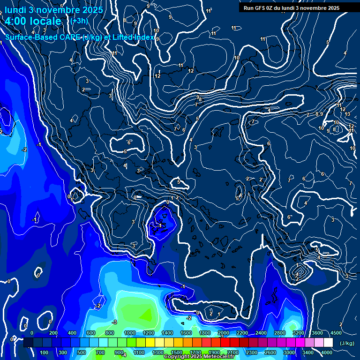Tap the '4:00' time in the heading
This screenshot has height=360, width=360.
[16, 21]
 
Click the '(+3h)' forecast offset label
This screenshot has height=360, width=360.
[79, 21]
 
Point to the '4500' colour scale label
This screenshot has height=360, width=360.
[336, 333]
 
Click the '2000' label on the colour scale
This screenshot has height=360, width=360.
[223, 333]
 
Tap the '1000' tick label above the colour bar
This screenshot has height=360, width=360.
[130, 333]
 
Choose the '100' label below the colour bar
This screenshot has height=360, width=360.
[45, 352]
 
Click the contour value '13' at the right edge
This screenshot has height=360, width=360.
[347, 114]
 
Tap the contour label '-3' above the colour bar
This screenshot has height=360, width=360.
[114, 322]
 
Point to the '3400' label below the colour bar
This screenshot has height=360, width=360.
[307, 352]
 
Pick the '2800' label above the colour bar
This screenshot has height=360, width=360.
[279, 333]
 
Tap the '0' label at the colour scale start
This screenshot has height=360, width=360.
[32, 333]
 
